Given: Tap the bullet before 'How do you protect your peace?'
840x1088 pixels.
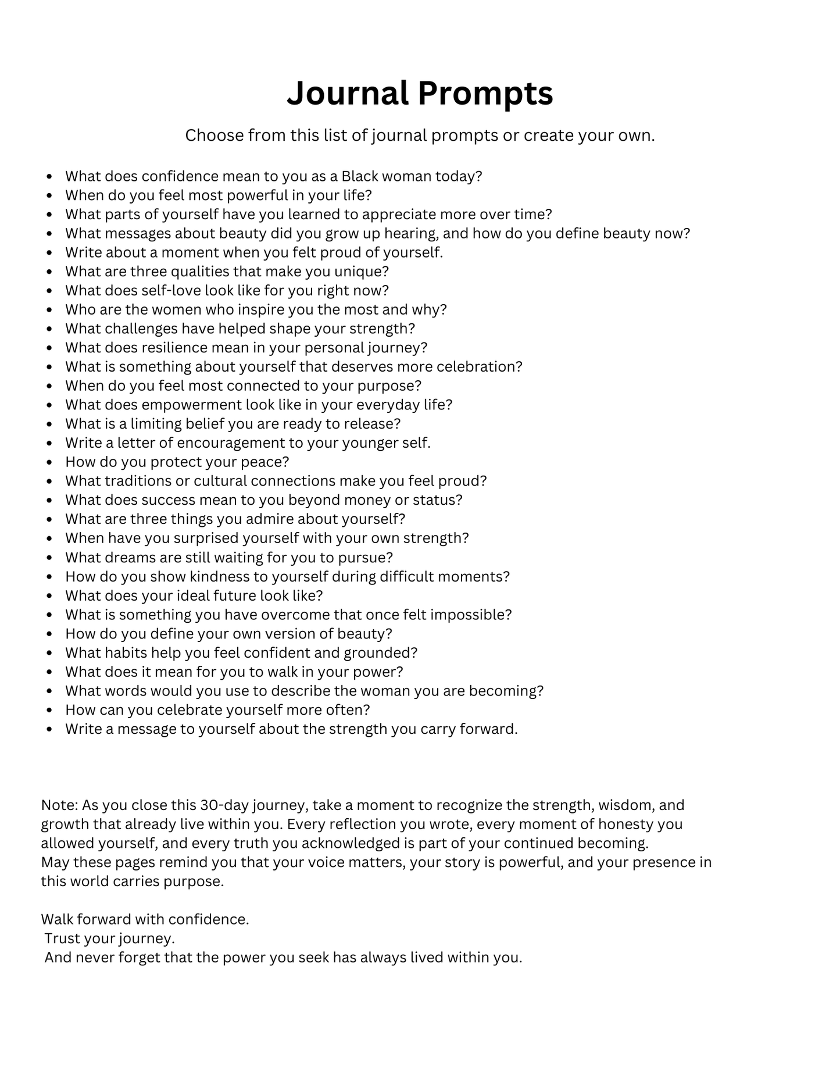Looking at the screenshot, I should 51,463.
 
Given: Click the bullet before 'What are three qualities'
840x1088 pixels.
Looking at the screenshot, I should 51,272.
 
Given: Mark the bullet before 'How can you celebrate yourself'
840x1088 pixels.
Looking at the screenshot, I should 51,711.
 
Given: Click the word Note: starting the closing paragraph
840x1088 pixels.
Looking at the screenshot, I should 59,805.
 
